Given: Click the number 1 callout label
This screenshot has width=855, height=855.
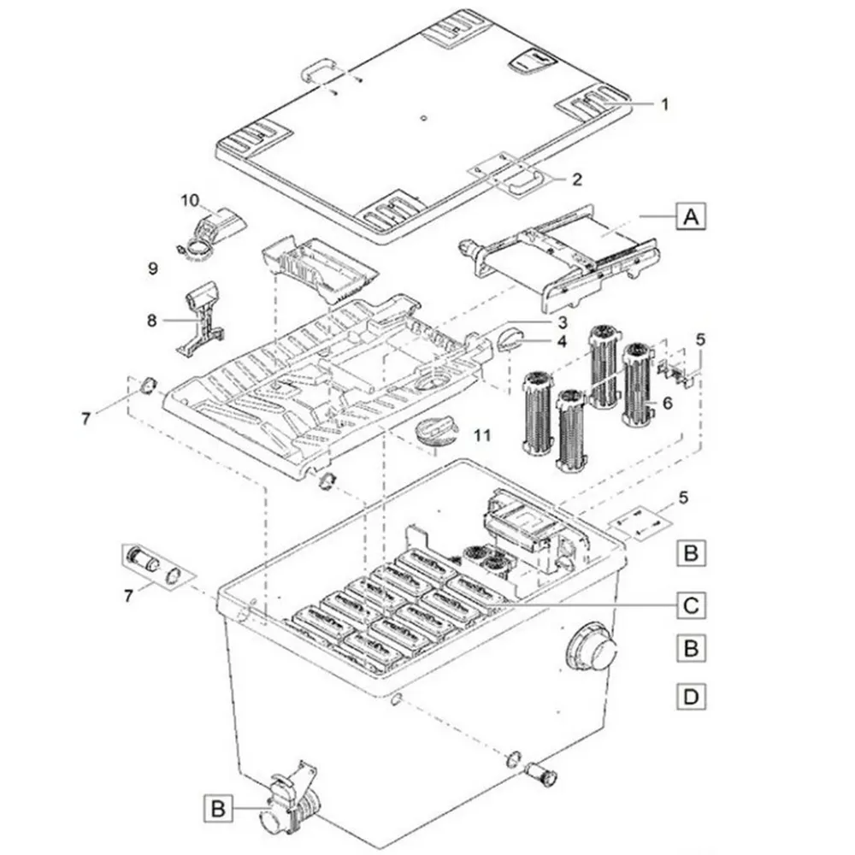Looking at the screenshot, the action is [x=664, y=104].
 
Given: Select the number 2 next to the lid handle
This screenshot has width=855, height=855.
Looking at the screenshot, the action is [x=576, y=180].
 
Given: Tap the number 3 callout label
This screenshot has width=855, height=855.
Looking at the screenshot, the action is [x=563, y=322].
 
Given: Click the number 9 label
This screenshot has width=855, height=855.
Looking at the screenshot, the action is [x=153, y=268].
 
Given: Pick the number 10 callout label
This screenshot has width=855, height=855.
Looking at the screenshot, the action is [x=191, y=201].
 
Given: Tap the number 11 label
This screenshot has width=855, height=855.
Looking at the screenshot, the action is [x=482, y=436].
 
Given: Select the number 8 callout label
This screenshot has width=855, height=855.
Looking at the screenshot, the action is [x=151, y=321].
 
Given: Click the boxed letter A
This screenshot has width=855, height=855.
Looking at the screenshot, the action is [x=691, y=216].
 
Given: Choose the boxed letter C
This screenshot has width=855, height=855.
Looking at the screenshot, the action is [x=691, y=605].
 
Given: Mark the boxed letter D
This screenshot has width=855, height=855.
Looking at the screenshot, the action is [x=691, y=696].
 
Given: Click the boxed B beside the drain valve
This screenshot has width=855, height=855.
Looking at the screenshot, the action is [x=218, y=808].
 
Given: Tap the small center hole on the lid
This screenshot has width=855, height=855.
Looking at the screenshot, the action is [x=423, y=117].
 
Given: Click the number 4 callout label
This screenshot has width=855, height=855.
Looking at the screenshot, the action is [x=563, y=342].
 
